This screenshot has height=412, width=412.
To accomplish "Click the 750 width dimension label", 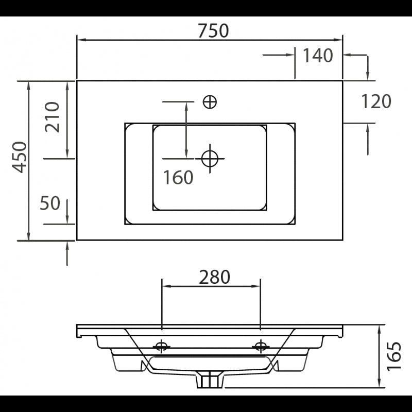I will (213, 31).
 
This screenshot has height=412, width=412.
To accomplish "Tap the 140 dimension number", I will (318, 56).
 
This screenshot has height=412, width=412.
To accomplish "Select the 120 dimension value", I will (376, 101).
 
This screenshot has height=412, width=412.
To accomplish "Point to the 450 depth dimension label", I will (20, 157).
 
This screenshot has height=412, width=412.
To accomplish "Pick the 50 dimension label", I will (50, 203).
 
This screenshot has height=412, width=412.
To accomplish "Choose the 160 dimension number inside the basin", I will (178, 178).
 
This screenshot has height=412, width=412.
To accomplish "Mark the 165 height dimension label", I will (393, 356).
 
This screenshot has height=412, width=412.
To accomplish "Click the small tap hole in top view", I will (210, 102).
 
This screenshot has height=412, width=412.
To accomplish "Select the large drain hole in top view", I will (210, 158).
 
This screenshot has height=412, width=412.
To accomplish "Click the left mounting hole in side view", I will (162, 346).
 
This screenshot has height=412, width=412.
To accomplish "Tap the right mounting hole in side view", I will (261, 346).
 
